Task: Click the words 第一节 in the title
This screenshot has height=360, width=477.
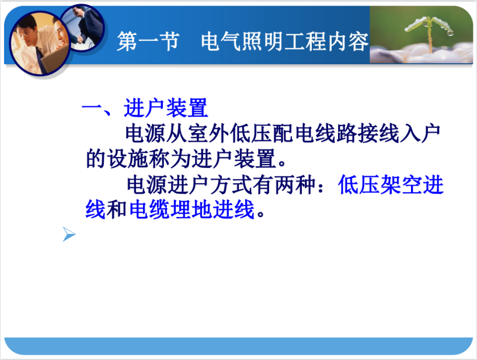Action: point(148,41)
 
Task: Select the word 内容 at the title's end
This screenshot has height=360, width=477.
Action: point(349,41)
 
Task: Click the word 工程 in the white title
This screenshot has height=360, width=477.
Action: point(305,41)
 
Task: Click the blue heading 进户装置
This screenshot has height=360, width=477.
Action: point(166,108)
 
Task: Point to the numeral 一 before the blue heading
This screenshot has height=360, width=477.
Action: point(91,109)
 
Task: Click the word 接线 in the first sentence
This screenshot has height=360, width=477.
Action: point(378,133)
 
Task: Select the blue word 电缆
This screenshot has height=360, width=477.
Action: point(149,209)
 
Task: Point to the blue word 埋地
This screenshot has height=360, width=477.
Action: point(192,209)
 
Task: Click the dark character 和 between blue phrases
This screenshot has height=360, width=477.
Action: point(117,209)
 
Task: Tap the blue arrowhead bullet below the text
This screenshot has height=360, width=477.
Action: point(69,234)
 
